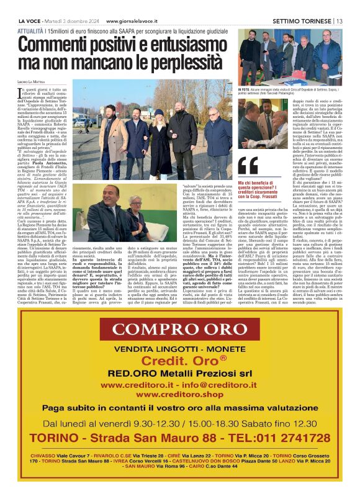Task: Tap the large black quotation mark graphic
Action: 248,166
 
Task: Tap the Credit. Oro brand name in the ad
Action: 180,361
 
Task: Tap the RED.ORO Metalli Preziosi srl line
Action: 179,374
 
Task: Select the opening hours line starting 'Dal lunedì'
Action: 180,424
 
